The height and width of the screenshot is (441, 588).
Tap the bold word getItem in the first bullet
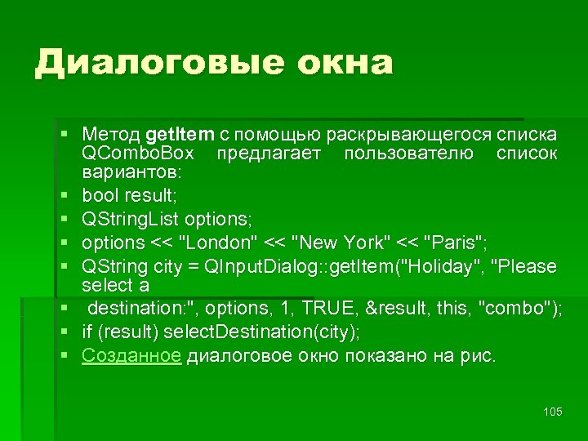coord(180,134)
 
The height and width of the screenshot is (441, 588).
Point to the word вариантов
coord(133,173)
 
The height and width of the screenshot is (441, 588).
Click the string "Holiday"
coord(440,266)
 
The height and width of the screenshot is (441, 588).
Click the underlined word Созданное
coord(131,356)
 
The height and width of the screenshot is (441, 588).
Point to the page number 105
coord(553,412)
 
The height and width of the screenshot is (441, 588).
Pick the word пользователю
coord(408,154)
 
